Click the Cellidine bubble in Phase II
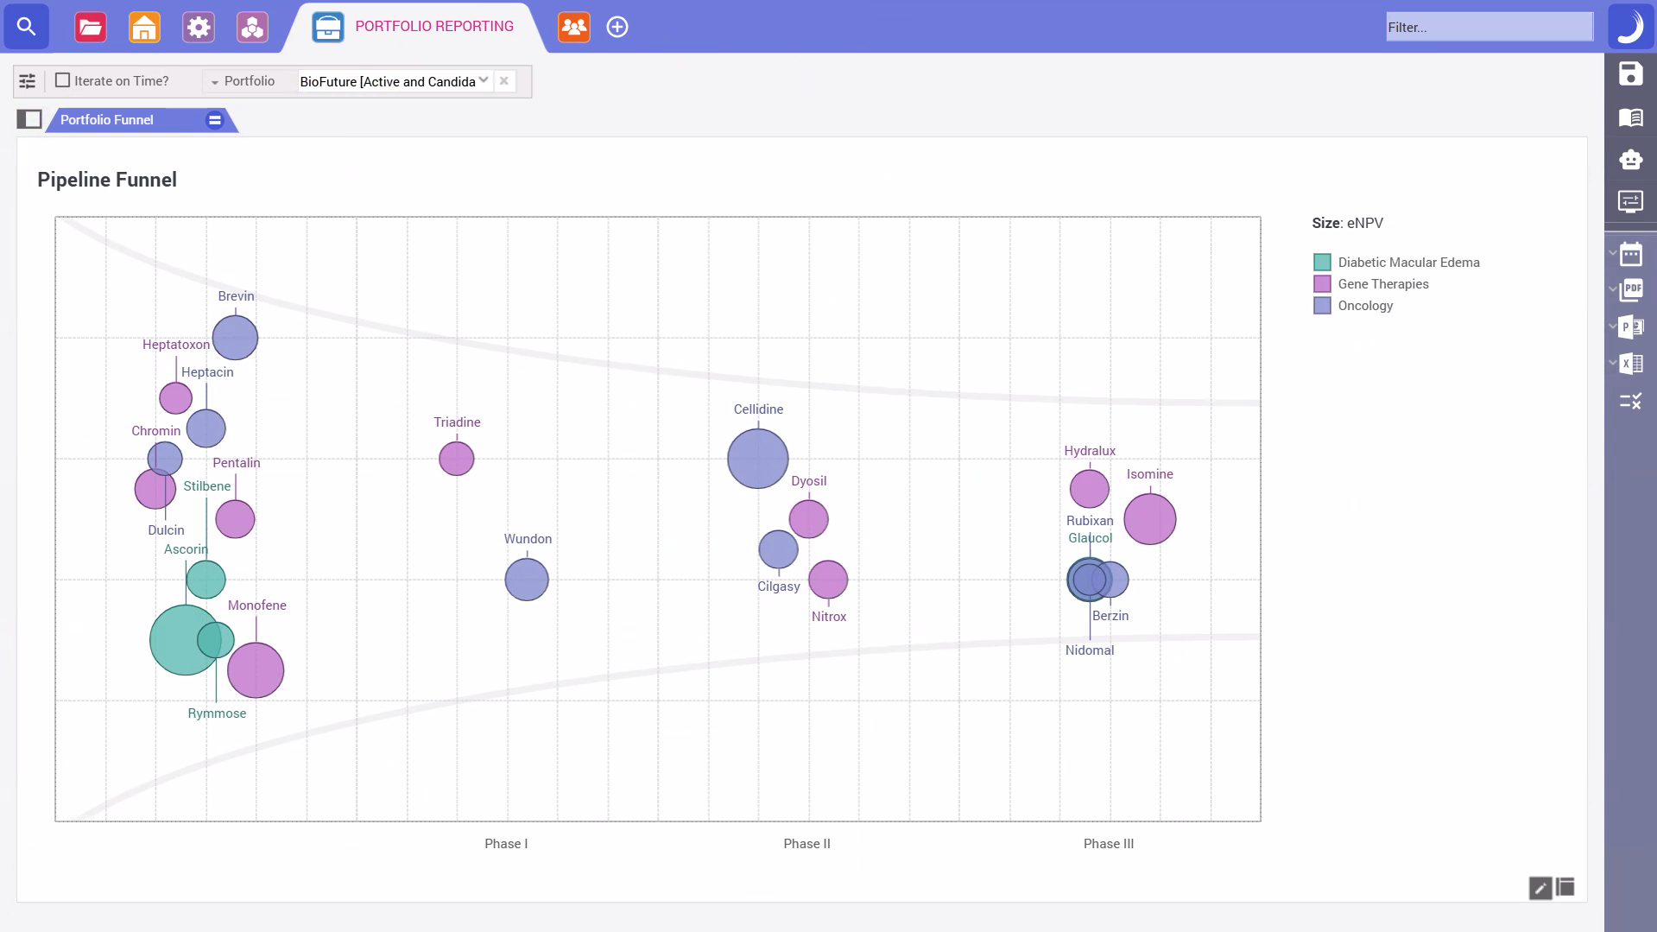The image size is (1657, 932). (757, 459)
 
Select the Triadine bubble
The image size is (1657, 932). (456, 459)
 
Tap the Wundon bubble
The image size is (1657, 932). (527, 580)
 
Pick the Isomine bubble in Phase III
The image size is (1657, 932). (1149, 519)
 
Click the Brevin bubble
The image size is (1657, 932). (235, 337)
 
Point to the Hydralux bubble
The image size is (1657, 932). (1089, 489)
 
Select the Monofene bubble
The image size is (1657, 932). (256, 670)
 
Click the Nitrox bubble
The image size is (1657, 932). (828, 580)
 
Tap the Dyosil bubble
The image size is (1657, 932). (808, 519)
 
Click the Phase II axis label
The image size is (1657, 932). (806, 844)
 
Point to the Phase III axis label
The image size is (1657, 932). (1108, 844)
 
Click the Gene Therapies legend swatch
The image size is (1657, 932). (1322, 284)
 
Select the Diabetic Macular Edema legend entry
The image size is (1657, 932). (1408, 263)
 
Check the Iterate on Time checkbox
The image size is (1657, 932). (62, 80)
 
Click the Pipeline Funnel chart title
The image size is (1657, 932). (107, 180)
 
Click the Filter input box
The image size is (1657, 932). (1489, 27)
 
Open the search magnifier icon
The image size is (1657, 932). (27, 27)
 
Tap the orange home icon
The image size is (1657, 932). (144, 27)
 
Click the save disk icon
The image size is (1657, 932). (1630, 74)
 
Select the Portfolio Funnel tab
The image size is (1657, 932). (107, 120)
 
